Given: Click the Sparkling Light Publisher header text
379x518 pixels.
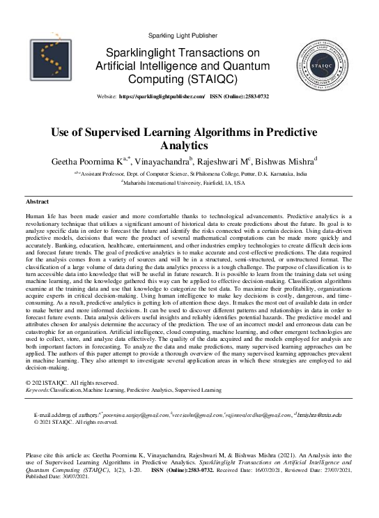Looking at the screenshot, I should click(x=189, y=34).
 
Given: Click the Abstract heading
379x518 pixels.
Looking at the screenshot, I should click(x=36, y=201).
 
